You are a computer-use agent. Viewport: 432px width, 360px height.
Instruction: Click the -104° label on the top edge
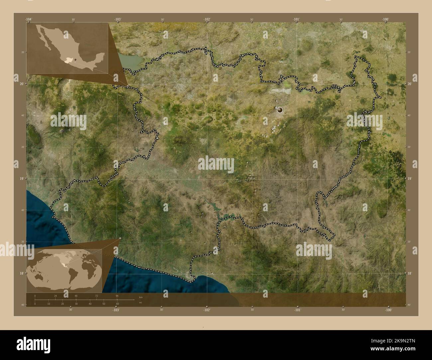click(x=29, y=20)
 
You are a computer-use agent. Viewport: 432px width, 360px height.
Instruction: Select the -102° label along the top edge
click(x=207, y=20)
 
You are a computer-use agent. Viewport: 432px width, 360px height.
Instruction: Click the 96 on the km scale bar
click(x=117, y=296)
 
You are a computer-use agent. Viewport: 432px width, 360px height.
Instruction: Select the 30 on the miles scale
click(x=76, y=304)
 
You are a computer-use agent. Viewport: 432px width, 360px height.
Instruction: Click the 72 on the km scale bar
click(x=96, y=296)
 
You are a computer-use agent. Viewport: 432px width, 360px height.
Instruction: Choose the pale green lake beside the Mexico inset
click(x=131, y=61)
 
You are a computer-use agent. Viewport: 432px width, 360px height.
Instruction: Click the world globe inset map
click(x=63, y=270)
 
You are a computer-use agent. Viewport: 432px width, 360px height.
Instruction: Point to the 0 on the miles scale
click(x=35, y=304)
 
